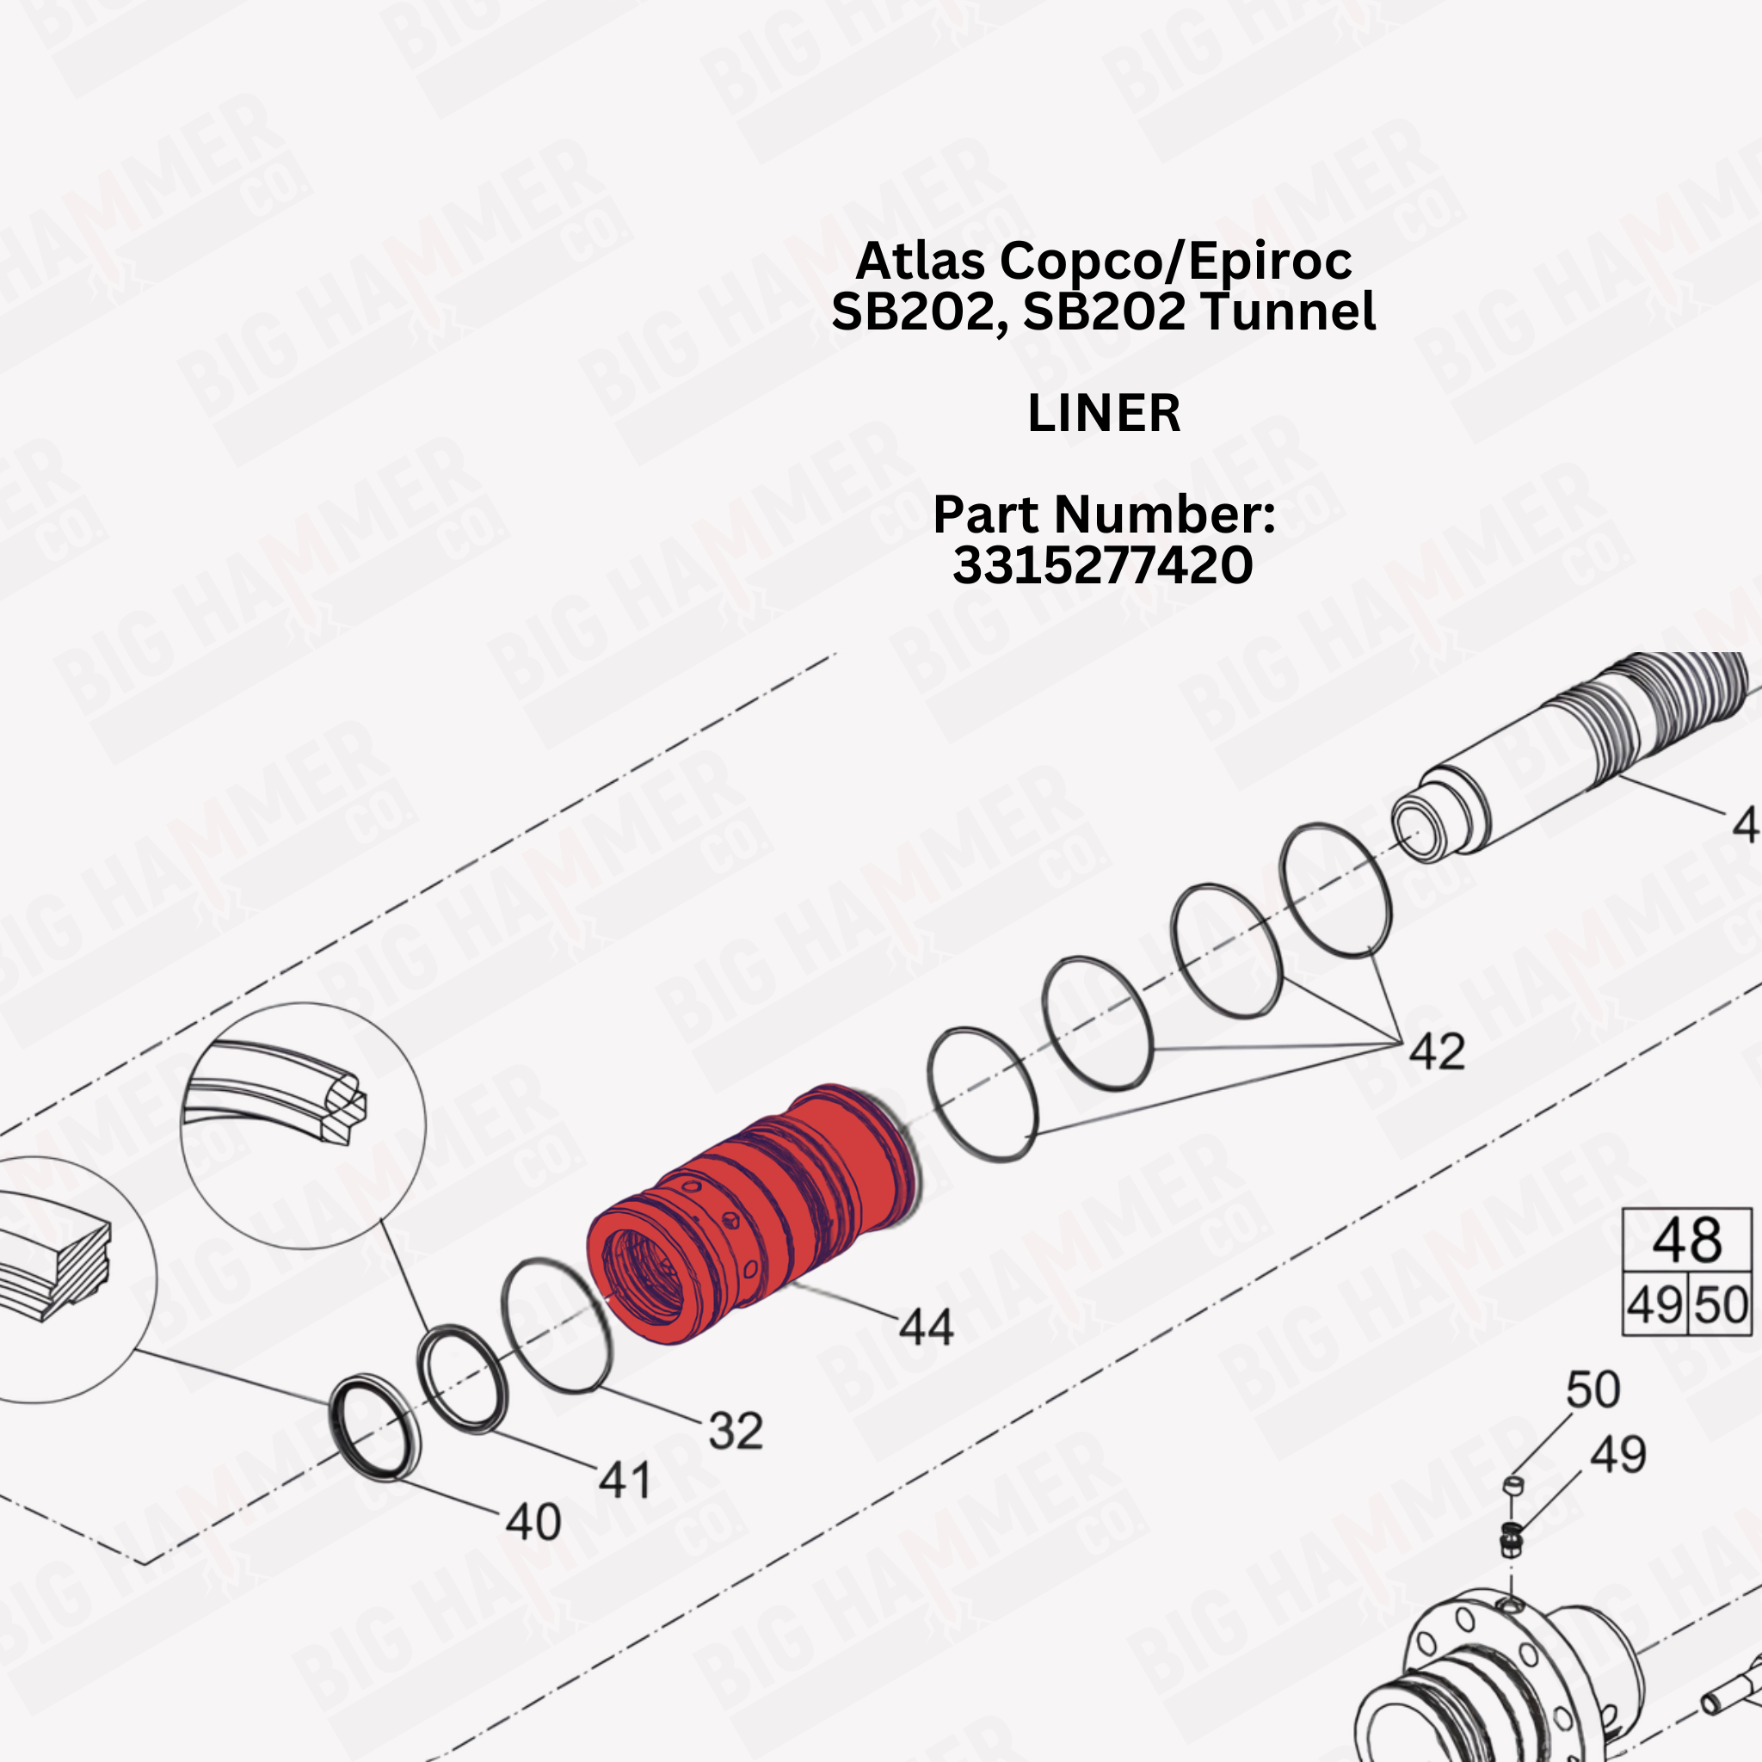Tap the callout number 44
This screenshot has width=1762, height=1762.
(x=926, y=1326)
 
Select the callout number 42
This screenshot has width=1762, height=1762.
(x=1437, y=1051)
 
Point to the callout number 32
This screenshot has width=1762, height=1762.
(x=735, y=1430)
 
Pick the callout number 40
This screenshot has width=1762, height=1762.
(x=533, y=1521)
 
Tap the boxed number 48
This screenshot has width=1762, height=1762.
(x=1687, y=1240)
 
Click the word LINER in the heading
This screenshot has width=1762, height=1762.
(x=1104, y=413)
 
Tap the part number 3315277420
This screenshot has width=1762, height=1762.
(x=1103, y=564)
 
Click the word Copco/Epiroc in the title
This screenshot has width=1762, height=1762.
(x=1175, y=262)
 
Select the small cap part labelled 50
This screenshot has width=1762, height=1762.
(x=1513, y=1486)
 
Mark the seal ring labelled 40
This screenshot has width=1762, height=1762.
(x=375, y=1428)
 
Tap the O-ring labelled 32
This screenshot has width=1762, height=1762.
(x=558, y=1326)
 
